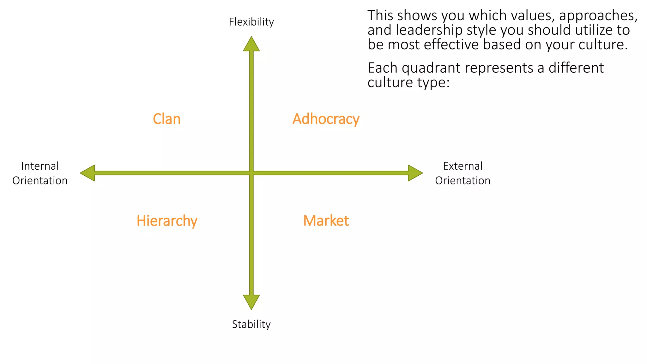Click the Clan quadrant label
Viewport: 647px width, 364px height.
pos(166,119)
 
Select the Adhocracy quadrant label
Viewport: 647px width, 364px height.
pos(326,119)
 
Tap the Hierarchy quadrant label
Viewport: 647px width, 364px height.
pos(167,221)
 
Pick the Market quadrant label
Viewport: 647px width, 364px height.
pos(326,221)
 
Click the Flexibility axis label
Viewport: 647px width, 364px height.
pos(251,22)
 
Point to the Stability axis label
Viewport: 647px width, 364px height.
pos(251,324)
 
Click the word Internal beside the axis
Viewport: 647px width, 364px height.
pos(40,166)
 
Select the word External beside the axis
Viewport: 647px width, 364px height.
pos(463,166)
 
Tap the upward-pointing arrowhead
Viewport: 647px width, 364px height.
pos(251,44)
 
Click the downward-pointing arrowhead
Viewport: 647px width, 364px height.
pos(251,301)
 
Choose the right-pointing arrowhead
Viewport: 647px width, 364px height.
pos(415,173)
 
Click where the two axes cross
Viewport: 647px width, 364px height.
pos(251,173)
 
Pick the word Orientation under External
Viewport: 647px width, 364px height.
pos(463,180)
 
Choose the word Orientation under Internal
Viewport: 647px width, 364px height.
pos(40,180)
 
